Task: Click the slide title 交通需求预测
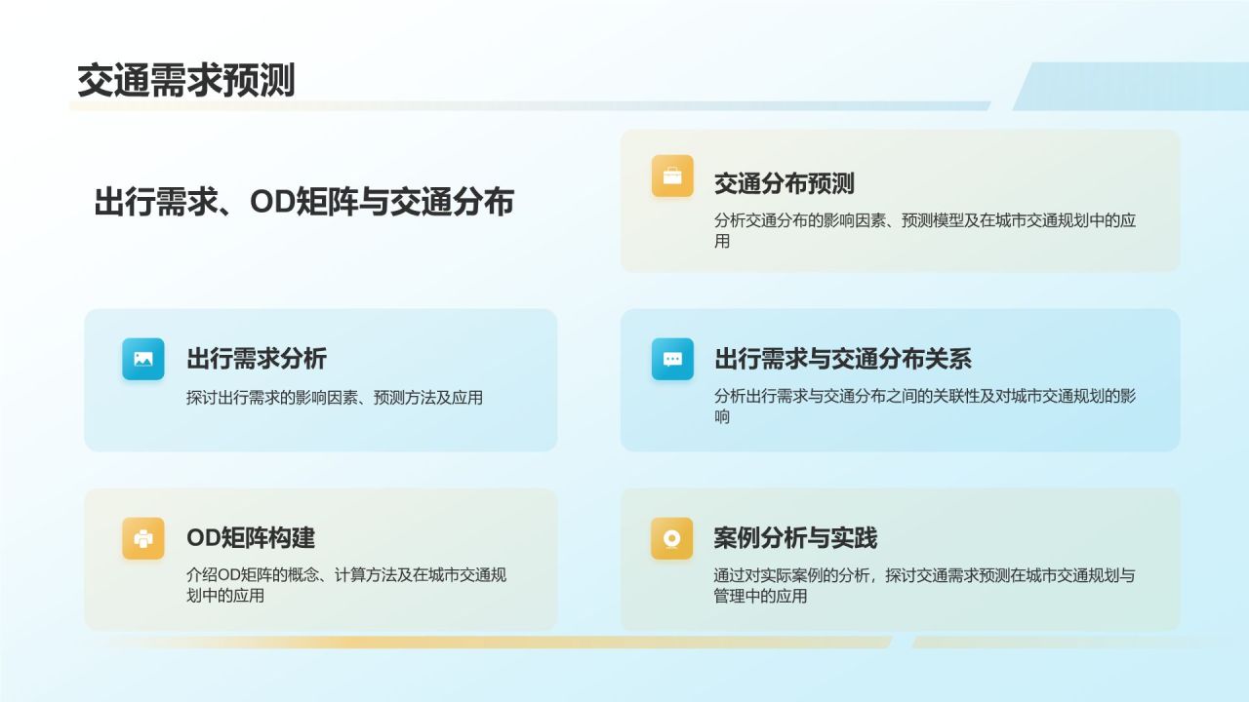(185, 81)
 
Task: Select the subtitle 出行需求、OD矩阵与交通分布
(303, 202)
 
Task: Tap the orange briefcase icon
(672, 176)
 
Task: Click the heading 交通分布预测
(784, 183)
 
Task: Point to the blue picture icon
(143, 359)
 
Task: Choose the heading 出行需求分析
(257, 359)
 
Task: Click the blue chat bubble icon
(672, 359)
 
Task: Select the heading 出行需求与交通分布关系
(842, 359)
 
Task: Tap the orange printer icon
(143, 538)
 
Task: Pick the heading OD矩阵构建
(251, 538)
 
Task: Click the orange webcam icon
(672, 538)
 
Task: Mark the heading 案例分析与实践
(795, 538)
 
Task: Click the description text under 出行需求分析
(335, 398)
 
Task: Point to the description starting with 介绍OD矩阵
(346, 585)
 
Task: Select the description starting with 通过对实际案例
(924, 585)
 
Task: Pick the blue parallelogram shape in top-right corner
(1132, 86)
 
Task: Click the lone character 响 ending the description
(722, 417)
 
